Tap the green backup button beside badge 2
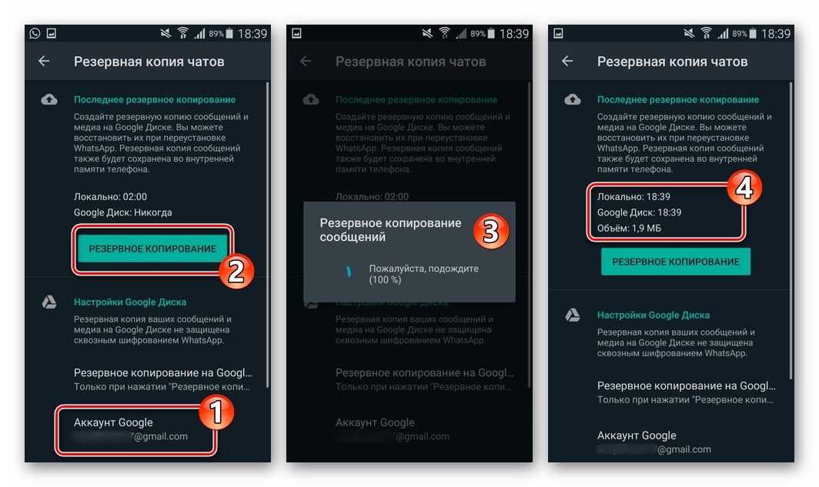pyautogui.click(x=152, y=249)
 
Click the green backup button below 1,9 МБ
pyautogui.click(x=675, y=262)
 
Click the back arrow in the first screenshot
pyautogui.click(x=44, y=62)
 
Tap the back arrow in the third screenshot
pyautogui.click(x=567, y=62)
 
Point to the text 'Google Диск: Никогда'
pyautogui.click(x=123, y=212)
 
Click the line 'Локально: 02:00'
pyautogui.click(x=110, y=196)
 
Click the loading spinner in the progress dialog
pyautogui.click(x=347, y=272)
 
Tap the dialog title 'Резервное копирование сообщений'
pyautogui.click(x=390, y=230)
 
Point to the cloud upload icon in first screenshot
pyautogui.click(x=49, y=100)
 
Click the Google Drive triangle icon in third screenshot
pyautogui.click(x=573, y=315)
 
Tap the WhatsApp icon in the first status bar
pyautogui.click(x=35, y=34)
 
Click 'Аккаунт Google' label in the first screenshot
pyautogui.click(x=113, y=422)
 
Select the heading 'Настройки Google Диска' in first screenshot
pyautogui.click(x=130, y=302)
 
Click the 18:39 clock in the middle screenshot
pyautogui.click(x=513, y=34)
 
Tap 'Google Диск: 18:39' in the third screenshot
pyautogui.click(x=640, y=212)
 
